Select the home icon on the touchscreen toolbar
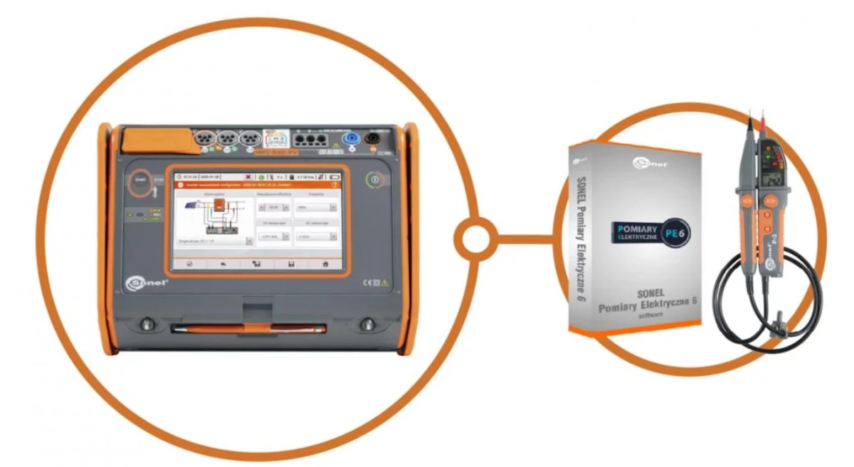click(326, 263)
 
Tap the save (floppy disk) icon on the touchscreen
click(290, 263)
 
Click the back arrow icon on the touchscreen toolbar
click(223, 263)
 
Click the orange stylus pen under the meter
click(249, 328)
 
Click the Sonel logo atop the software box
click(645, 164)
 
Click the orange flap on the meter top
click(152, 140)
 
